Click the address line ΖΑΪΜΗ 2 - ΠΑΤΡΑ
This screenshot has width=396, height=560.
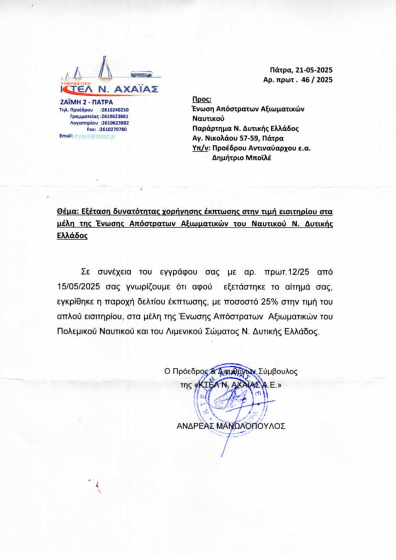pyautogui.click(x=83, y=102)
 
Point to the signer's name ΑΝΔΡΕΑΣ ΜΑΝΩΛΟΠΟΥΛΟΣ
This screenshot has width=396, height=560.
pyautogui.click(x=230, y=426)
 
